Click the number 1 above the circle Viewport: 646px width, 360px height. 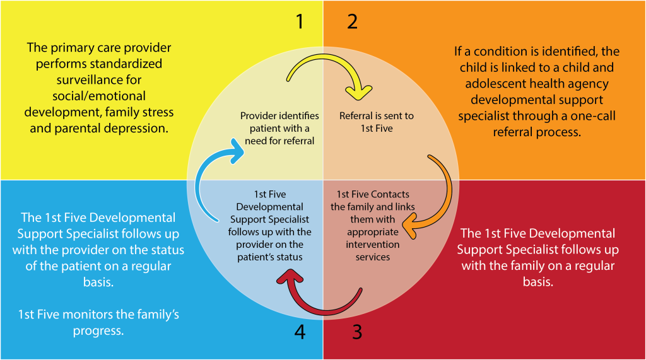[300, 22]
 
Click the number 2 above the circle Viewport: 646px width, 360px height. [352, 22]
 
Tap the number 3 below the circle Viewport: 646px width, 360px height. [357, 332]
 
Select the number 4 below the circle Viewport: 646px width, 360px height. [300, 332]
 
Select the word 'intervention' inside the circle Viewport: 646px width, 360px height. [372, 245]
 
